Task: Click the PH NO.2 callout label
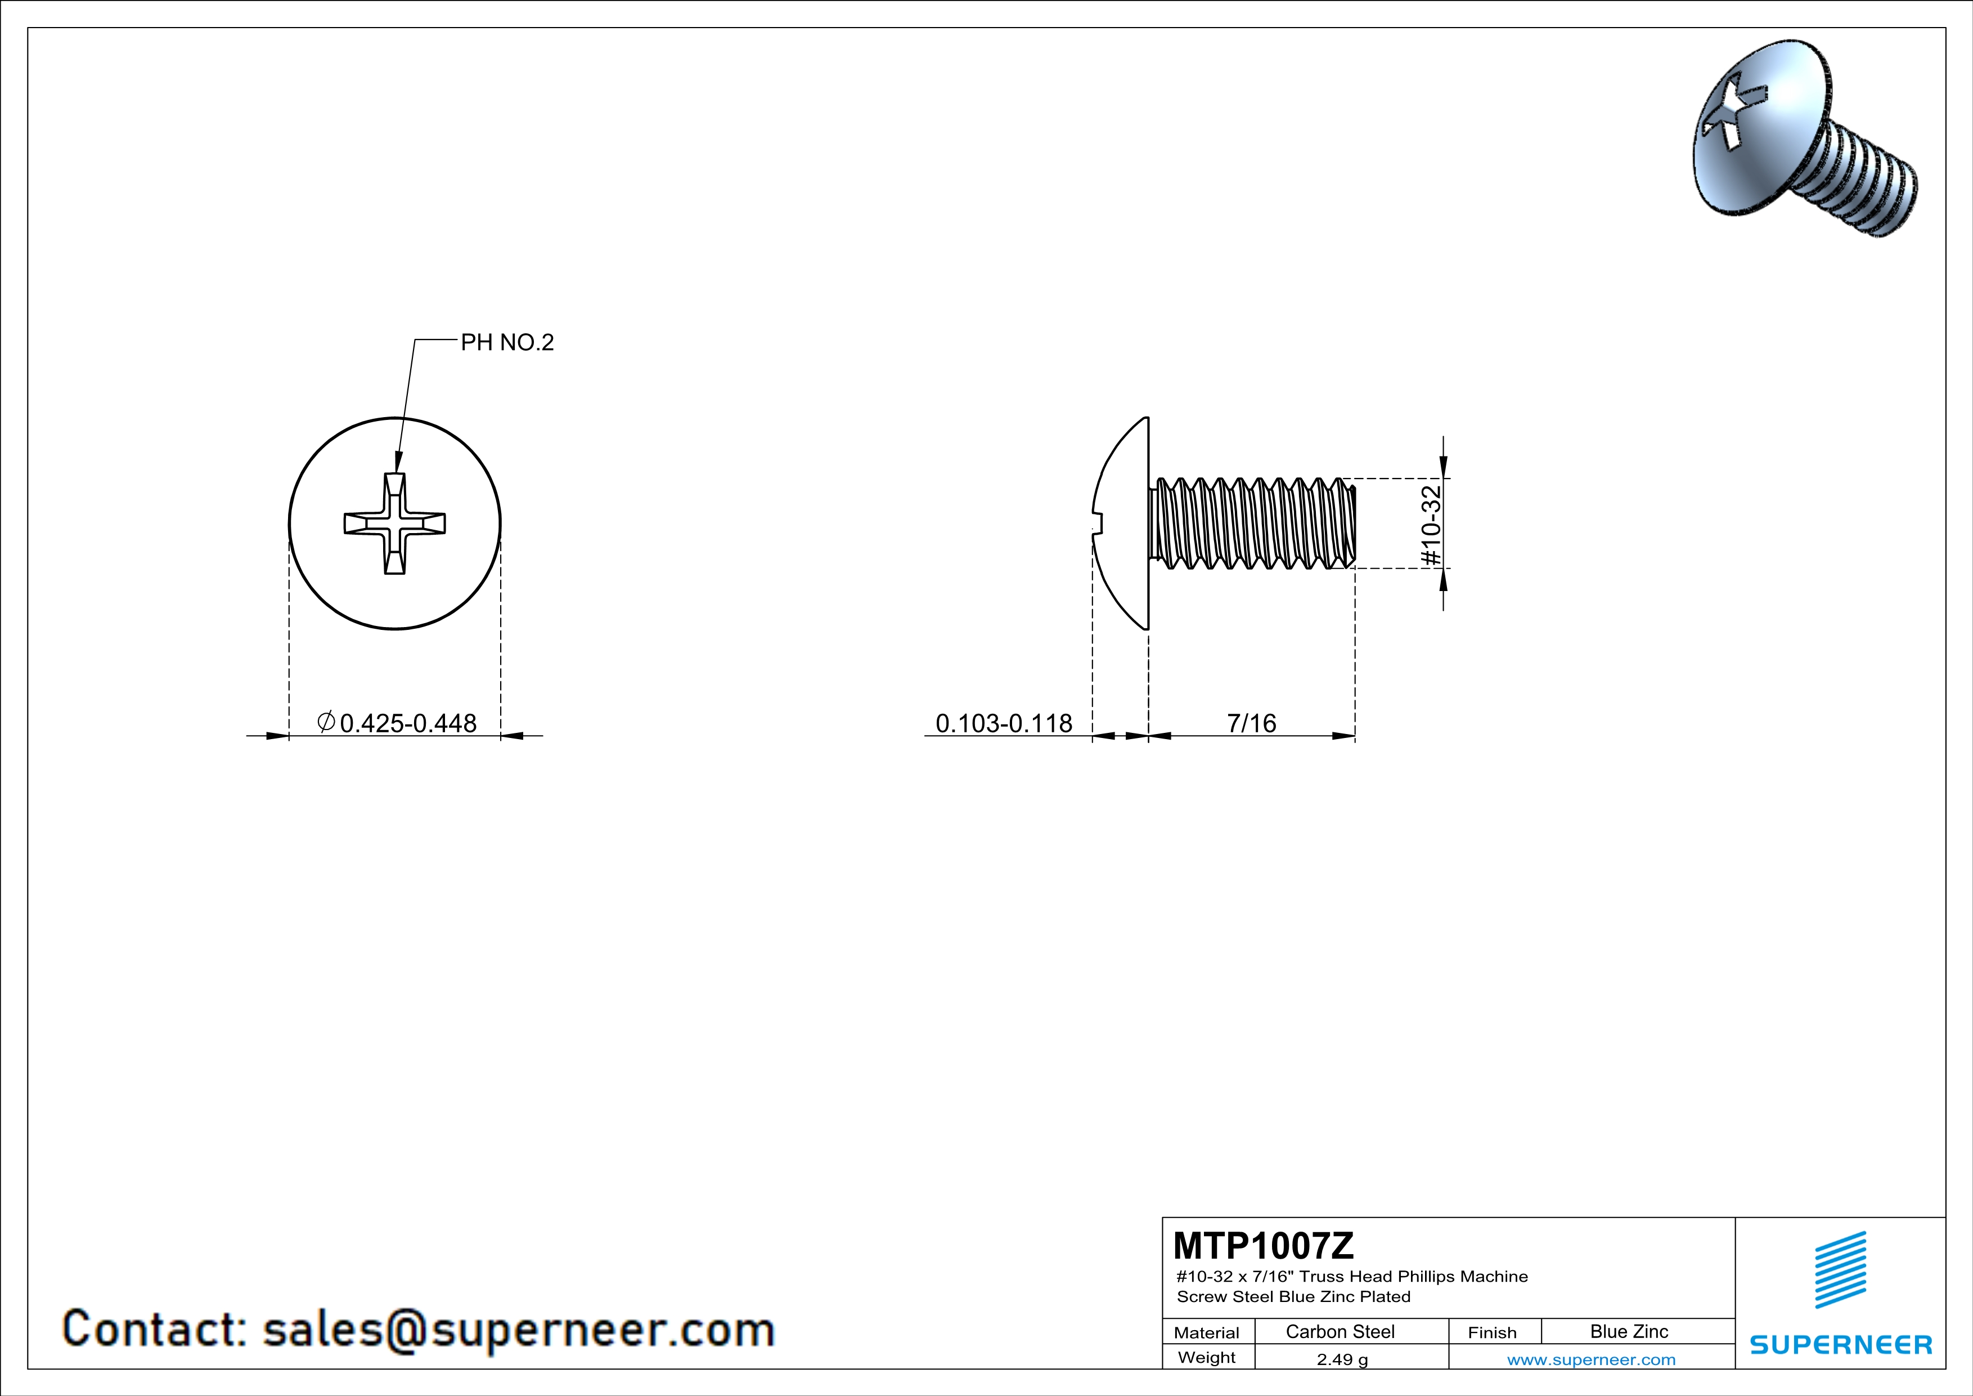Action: coord(507,342)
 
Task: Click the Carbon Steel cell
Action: coord(1340,1331)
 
